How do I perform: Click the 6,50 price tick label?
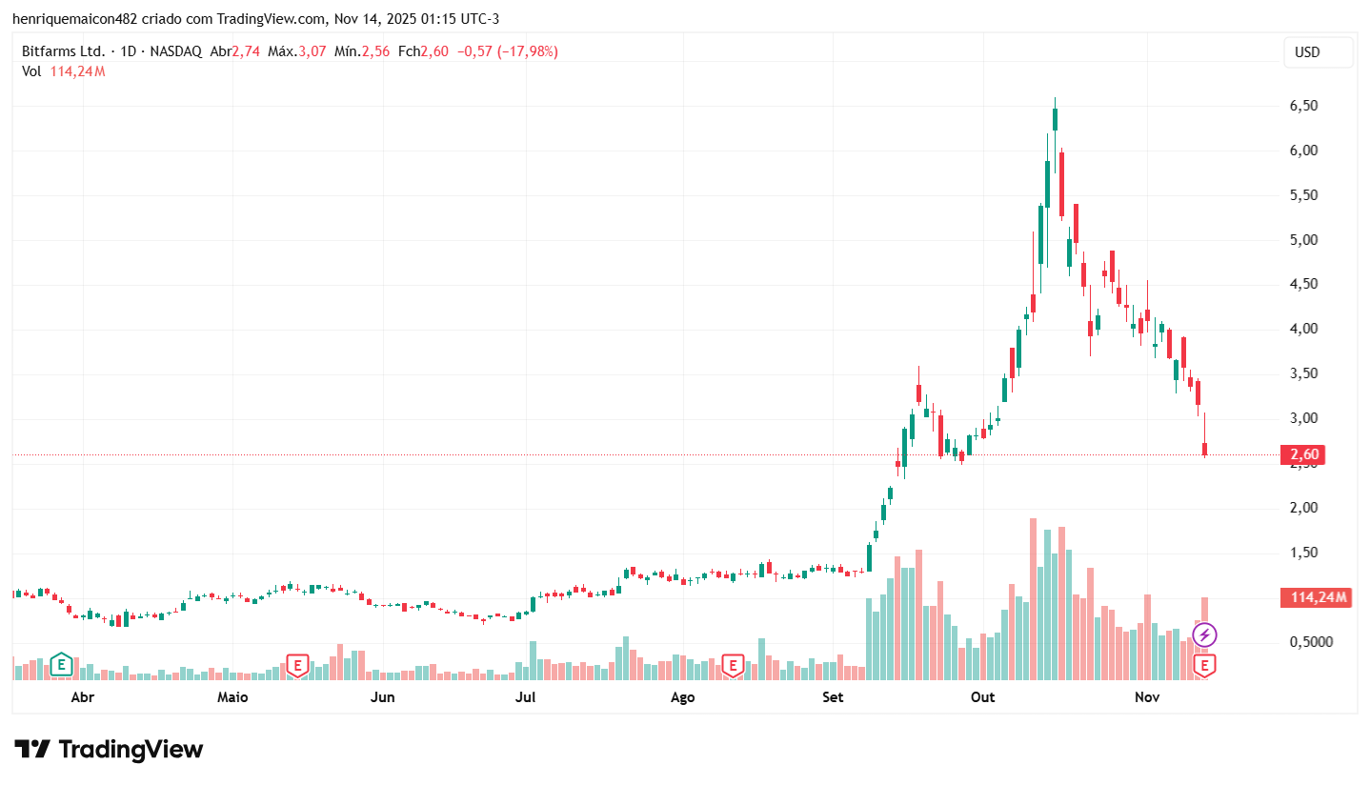(x=1303, y=106)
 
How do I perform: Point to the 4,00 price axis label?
(x=1303, y=329)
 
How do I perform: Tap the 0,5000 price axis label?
(x=1311, y=642)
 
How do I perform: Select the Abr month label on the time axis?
(x=83, y=697)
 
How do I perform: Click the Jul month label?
(x=525, y=697)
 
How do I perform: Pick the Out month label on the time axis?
(x=982, y=697)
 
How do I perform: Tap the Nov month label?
(x=1147, y=697)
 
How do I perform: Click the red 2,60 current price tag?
(x=1304, y=455)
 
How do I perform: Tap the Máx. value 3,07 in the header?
(x=311, y=51)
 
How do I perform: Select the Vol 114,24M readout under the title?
(x=64, y=71)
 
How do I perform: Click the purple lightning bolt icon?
(x=1204, y=634)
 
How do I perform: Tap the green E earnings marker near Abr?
(x=61, y=663)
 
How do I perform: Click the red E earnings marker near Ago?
(x=733, y=665)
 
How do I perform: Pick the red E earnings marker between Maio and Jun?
(x=297, y=665)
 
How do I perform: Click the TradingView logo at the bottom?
(x=109, y=750)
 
